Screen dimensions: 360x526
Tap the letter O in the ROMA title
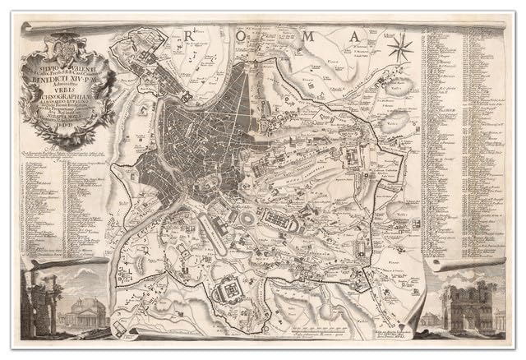tap(239, 35)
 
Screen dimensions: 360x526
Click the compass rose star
tap(400, 48)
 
